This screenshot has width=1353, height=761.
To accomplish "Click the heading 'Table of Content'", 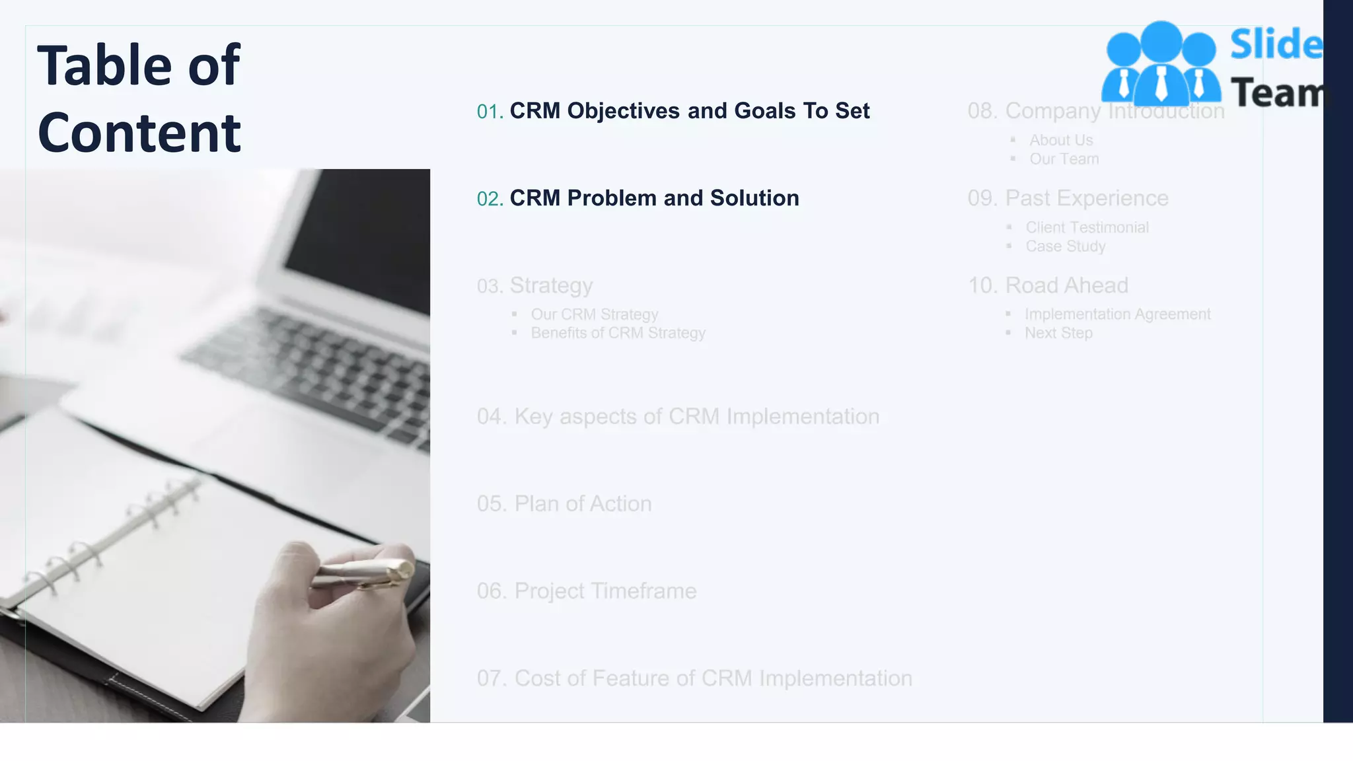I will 139,98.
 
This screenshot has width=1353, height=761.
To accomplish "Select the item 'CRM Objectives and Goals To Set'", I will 689,111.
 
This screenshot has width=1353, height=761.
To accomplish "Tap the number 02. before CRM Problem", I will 490,199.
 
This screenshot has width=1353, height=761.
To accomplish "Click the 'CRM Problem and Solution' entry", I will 654,198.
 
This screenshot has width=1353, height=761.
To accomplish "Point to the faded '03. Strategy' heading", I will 535,285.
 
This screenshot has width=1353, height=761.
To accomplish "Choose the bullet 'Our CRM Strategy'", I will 595,314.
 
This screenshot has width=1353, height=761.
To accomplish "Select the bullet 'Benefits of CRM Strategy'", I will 618,333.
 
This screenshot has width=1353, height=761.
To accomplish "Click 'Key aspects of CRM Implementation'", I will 696,417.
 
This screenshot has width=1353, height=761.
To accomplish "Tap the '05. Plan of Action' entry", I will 564,504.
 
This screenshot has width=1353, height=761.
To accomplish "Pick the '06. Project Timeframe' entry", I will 587,591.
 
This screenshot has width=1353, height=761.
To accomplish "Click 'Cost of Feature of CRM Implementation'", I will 713,678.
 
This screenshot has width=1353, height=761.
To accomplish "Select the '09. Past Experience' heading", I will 1068,198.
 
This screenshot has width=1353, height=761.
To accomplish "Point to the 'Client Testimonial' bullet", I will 1087,228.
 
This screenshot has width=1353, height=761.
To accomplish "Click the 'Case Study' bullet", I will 1065,246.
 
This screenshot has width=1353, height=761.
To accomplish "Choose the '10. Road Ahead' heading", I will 1048,285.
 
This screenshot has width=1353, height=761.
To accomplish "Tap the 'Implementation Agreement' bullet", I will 1117,314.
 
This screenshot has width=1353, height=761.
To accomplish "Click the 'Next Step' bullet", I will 1058,333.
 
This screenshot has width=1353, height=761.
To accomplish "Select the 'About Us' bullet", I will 1061,141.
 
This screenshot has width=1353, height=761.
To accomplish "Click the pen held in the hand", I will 363,573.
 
